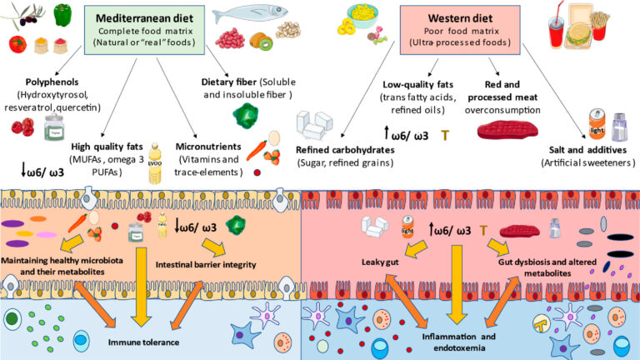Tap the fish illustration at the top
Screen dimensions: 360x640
(253, 15)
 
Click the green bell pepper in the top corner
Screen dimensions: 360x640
(61, 14)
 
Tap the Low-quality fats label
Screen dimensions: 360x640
(417, 86)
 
